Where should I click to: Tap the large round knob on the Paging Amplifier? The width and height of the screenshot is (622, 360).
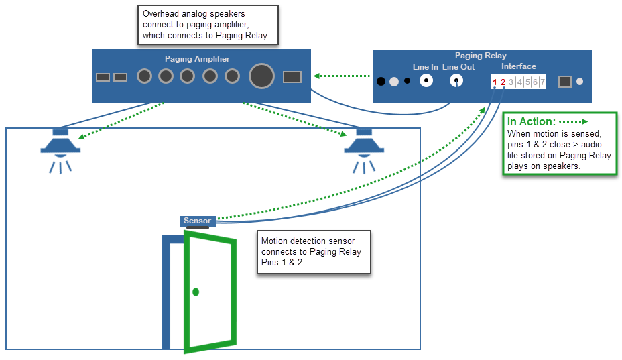[261, 76]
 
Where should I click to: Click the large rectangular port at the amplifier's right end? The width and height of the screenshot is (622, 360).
[292, 77]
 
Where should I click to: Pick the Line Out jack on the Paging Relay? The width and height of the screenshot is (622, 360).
[457, 81]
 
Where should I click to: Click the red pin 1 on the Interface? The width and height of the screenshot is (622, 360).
[495, 82]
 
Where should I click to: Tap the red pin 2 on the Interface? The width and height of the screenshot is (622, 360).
[503, 82]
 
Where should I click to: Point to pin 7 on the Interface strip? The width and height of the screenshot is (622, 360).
[542, 82]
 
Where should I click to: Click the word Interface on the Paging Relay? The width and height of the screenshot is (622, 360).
[519, 66]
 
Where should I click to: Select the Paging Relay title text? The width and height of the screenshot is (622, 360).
[481, 56]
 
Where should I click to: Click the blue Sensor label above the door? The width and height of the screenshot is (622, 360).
[197, 221]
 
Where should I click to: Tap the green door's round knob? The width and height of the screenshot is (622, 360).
[196, 292]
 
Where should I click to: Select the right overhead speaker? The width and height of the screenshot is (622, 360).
[364, 144]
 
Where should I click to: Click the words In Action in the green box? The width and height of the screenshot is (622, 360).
[531, 121]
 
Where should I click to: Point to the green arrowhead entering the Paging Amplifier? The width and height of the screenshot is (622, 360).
[316, 76]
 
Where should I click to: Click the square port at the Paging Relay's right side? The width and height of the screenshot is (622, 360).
[565, 81]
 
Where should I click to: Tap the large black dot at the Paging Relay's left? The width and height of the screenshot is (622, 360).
[381, 82]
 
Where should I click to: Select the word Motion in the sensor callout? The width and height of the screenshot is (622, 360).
[273, 241]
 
